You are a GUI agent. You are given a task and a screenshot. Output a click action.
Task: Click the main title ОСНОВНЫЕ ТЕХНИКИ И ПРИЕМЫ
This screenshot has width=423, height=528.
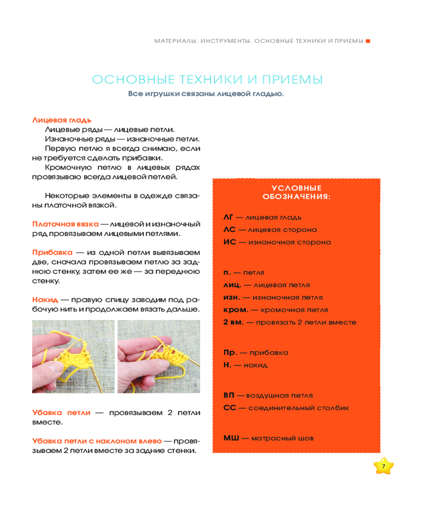(x=207, y=80)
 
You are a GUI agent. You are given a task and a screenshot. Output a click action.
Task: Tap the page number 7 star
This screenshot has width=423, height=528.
(x=384, y=466)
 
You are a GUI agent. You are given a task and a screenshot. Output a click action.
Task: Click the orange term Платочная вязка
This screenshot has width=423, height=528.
(x=65, y=223)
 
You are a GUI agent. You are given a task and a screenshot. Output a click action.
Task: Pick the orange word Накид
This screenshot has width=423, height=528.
(x=45, y=299)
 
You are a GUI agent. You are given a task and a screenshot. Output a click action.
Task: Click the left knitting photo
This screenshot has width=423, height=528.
(x=73, y=356)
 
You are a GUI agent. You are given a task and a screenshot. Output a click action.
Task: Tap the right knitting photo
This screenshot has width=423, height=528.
(x=159, y=356)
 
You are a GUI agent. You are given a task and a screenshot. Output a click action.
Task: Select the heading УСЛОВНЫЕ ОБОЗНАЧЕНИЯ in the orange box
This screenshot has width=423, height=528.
(x=296, y=192)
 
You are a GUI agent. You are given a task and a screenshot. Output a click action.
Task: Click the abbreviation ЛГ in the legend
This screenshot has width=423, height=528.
(x=228, y=217)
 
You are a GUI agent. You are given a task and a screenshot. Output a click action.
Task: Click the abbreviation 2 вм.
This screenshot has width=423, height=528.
(x=233, y=322)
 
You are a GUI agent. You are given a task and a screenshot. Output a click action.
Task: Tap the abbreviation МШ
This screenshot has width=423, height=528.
(x=231, y=438)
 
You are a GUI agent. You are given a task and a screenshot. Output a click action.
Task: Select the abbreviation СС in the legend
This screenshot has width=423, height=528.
(x=229, y=408)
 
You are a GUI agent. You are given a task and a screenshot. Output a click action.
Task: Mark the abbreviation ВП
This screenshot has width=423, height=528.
(x=229, y=395)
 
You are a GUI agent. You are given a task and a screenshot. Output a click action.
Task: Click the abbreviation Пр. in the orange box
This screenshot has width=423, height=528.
(x=230, y=352)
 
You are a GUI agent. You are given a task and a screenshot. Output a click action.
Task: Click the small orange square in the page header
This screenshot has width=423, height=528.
(x=368, y=41)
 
